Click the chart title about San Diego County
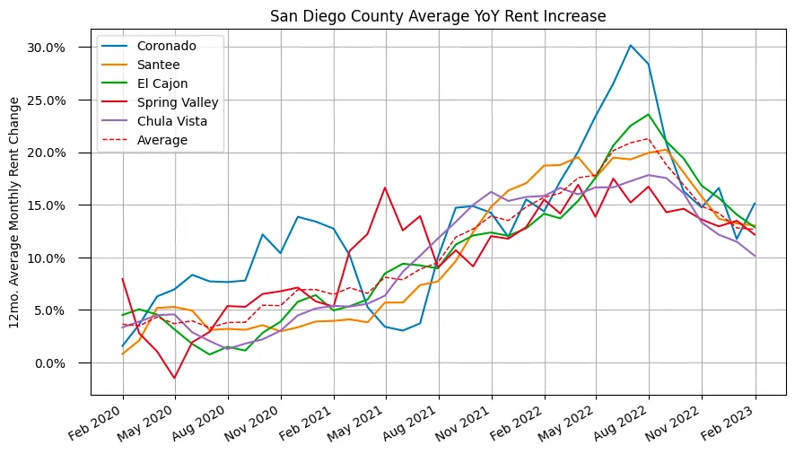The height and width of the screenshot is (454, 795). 438,16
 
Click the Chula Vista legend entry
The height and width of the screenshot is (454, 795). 174,121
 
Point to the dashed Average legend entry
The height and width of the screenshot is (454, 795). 162,140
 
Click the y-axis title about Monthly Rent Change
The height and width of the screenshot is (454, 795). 15,214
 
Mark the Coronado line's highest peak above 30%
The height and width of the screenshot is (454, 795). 631,45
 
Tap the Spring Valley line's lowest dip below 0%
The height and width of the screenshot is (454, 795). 175,378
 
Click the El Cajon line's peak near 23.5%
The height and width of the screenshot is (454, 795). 648,115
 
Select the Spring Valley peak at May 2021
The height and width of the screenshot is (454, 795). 385,188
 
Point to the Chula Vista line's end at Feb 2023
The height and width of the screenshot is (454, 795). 755,257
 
